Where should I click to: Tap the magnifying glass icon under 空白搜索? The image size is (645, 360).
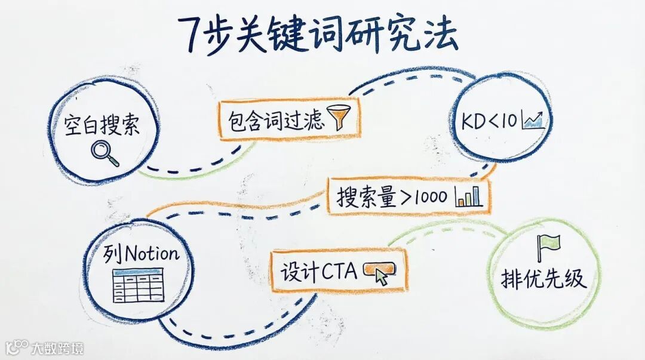click(105, 152)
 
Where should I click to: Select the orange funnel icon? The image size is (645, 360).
click(342, 117)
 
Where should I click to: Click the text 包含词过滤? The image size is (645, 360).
click(276, 121)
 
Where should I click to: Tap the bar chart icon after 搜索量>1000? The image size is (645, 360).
click(469, 195)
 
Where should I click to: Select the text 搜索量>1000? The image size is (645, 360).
click(391, 196)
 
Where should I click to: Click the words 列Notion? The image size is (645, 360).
click(142, 255)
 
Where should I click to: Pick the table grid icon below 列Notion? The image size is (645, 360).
click(138, 285)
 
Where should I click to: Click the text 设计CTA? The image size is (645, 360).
click(319, 272)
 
